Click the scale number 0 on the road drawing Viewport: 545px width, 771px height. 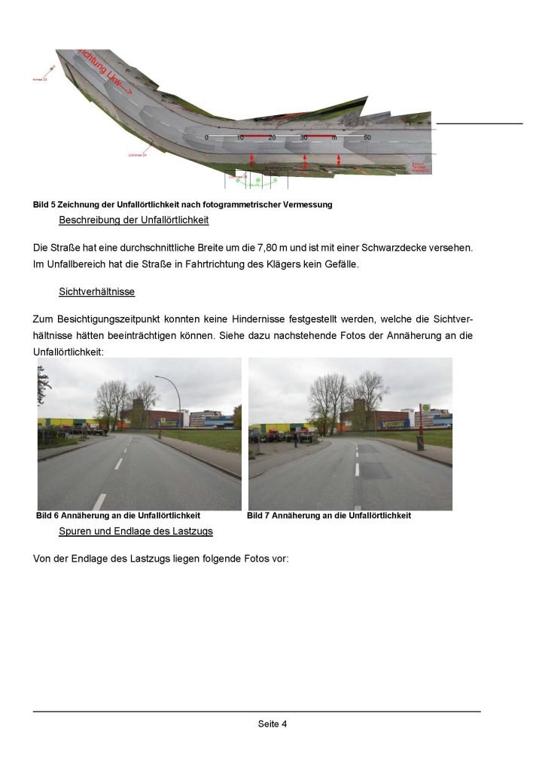(206, 138)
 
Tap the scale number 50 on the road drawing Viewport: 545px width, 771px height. (367, 138)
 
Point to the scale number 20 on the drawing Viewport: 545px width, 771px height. (272, 138)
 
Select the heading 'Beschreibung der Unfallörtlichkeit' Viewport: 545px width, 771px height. (133, 221)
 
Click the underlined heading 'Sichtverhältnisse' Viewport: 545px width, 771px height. (95, 291)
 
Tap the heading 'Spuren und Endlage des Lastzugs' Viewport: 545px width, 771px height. (135, 531)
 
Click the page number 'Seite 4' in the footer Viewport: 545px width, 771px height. (272, 724)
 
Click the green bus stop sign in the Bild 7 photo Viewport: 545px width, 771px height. (425, 408)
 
